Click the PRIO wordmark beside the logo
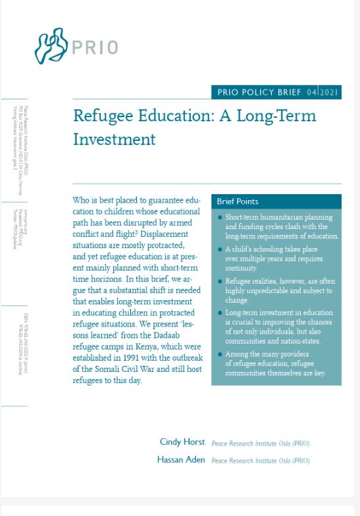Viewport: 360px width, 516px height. [x=97, y=48]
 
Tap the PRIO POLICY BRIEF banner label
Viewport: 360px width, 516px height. [x=259, y=92]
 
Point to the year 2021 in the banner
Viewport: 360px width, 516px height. [x=329, y=92]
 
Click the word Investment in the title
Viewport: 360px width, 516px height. [x=115, y=140]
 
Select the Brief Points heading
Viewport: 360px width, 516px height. [x=238, y=201]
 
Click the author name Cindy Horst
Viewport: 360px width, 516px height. [x=182, y=442]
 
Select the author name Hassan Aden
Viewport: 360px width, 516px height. [x=181, y=459]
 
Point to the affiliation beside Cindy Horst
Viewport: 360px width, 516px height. [x=261, y=443]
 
